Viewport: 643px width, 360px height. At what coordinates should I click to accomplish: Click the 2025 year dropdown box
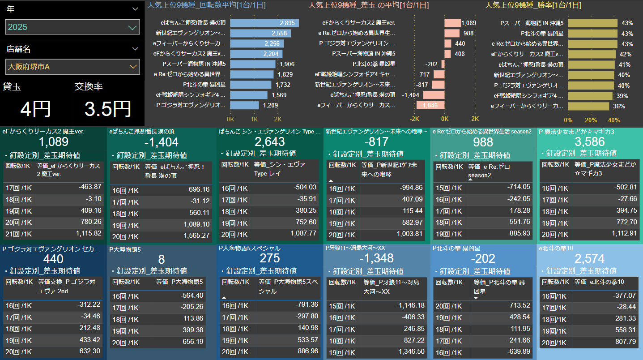[72, 27]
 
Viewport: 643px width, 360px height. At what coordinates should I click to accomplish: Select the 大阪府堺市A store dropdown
[72, 67]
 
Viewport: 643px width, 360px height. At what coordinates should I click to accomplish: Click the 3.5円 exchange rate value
[108, 109]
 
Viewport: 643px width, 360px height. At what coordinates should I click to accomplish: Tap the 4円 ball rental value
[36, 109]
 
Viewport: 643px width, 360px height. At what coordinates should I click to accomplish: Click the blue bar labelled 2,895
[264, 23]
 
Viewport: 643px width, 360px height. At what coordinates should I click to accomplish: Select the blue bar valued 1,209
[245, 105]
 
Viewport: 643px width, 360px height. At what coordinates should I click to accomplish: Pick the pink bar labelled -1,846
[430, 105]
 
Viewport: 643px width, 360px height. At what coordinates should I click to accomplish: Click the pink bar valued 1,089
[453, 23]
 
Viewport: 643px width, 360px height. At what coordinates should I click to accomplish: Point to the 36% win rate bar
[588, 106]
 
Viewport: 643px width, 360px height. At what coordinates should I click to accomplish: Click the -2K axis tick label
[414, 119]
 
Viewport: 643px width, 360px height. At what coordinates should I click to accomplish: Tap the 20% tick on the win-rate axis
[591, 120]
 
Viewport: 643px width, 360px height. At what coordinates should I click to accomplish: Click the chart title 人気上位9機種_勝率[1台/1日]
[533, 5]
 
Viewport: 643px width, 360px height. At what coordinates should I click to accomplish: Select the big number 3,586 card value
[590, 141]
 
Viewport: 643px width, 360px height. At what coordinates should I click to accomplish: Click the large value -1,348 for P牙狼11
[376, 258]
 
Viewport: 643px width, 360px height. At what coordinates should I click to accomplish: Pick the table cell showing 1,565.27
[196, 236]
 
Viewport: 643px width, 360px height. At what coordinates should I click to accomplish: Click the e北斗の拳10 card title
[556, 248]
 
